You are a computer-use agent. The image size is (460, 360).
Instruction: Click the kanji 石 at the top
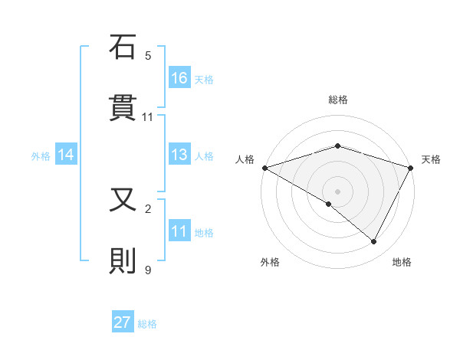123,47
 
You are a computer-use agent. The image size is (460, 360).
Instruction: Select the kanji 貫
123,109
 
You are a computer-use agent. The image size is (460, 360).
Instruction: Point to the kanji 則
123,261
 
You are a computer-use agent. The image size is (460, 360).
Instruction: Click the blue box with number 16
179,77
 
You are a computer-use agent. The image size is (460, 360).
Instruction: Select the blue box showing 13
179,155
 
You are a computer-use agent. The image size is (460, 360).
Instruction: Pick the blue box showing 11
179,231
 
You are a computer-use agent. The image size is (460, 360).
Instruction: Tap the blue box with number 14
66,155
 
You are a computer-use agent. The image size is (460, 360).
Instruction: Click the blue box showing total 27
123,322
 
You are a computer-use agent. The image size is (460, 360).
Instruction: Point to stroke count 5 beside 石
148,56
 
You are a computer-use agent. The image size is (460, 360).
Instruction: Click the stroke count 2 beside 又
148,208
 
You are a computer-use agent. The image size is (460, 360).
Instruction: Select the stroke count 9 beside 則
148,270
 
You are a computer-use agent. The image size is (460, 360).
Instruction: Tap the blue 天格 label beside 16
204,79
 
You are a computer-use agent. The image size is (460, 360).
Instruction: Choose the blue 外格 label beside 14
41,156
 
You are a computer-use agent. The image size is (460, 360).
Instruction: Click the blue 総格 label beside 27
147,324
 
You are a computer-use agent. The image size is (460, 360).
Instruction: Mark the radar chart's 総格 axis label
337,100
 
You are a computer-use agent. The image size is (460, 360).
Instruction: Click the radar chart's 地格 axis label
402,262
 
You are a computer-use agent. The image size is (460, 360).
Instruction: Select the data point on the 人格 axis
264,168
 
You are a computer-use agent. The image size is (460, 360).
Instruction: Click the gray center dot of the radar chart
337,191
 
